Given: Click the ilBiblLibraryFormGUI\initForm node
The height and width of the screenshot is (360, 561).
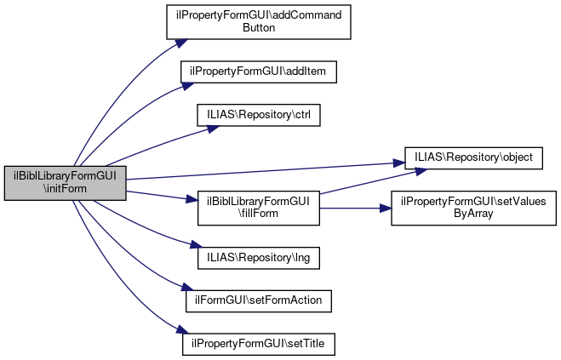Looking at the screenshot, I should click(x=65, y=183).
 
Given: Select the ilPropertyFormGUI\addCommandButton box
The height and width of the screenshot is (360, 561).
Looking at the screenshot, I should click(x=258, y=21).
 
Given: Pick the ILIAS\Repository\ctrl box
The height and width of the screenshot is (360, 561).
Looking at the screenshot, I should click(x=258, y=114).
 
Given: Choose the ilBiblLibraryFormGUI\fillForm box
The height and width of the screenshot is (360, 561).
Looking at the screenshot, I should click(x=258, y=208).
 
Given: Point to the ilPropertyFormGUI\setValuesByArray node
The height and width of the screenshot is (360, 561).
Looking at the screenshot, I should click(x=473, y=208).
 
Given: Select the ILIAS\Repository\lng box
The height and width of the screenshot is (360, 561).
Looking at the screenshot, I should click(x=258, y=255).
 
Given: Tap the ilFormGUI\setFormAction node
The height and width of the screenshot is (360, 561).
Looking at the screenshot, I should click(x=258, y=300).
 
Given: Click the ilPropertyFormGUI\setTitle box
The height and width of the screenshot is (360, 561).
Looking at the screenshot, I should click(x=258, y=344).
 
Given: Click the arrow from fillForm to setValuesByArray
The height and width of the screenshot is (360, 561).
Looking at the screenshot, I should click(x=354, y=208).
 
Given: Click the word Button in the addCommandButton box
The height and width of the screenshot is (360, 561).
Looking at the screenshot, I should click(x=258, y=27).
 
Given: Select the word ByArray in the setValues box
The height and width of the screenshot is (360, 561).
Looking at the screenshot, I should click(x=473, y=214).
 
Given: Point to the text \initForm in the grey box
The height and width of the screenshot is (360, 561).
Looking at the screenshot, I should click(x=65, y=189).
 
